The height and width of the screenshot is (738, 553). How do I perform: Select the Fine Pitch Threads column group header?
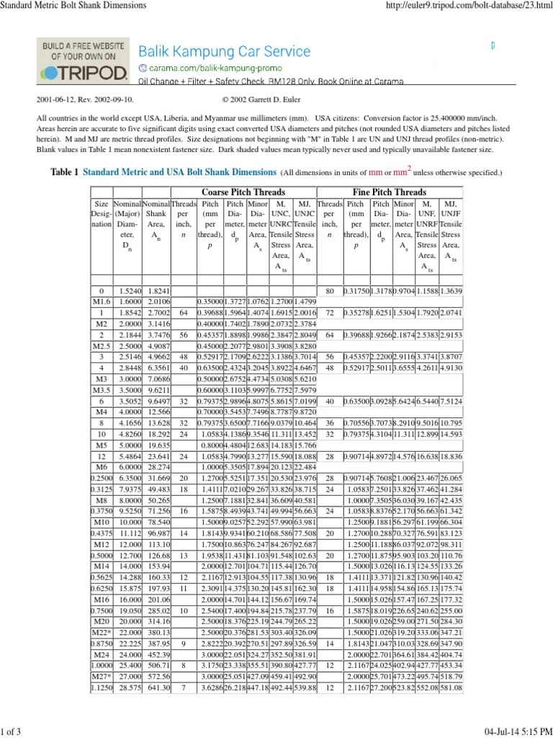tap(390, 192)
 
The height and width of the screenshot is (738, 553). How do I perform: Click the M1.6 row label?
tap(101, 301)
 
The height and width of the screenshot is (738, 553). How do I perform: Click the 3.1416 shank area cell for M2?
tap(156, 324)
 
